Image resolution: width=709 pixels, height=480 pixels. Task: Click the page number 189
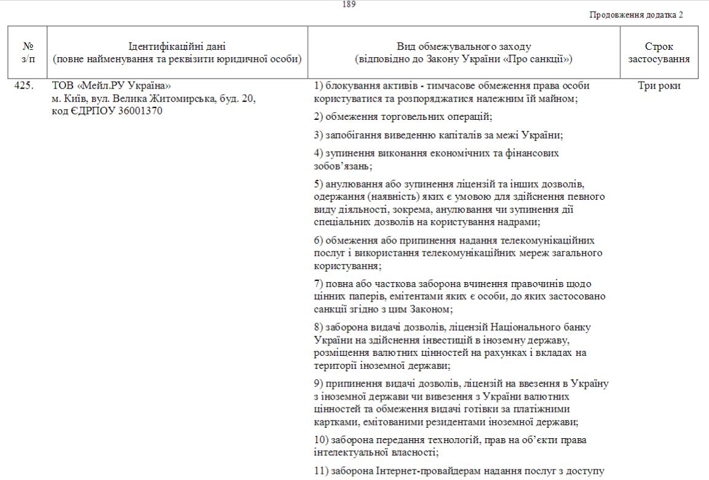[x=349, y=4]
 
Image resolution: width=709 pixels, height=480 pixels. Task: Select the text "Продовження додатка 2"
[x=636, y=15]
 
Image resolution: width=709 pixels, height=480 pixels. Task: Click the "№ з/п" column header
[x=28, y=52]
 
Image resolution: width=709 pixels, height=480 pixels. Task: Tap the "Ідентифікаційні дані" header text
[x=177, y=47]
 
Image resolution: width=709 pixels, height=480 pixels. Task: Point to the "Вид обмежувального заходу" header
[x=464, y=47]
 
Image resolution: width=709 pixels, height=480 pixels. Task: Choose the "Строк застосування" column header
[x=659, y=52]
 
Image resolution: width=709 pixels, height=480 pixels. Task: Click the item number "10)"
[x=320, y=440]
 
